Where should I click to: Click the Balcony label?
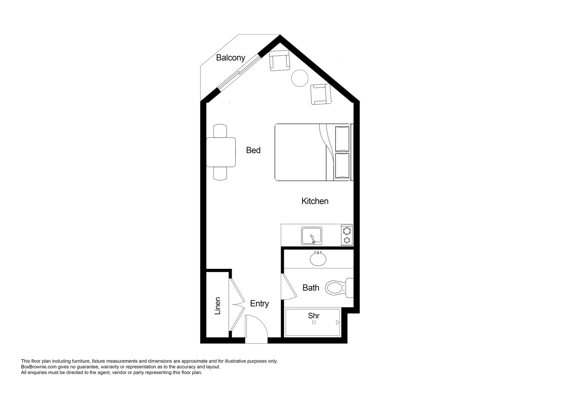[x=230, y=57]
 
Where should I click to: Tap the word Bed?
[x=253, y=150]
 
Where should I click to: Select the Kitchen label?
[x=315, y=201]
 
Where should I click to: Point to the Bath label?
[x=311, y=288]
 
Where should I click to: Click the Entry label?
[x=259, y=304]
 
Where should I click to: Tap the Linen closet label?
[x=217, y=306]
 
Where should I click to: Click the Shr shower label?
[x=314, y=316]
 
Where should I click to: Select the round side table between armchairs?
[x=300, y=78]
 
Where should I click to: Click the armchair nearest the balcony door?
[x=280, y=60]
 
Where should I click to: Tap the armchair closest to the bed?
[x=321, y=94]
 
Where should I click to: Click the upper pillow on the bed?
[x=342, y=139]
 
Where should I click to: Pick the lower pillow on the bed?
[x=342, y=166]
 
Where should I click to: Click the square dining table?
[x=221, y=152]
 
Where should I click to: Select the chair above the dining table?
[x=221, y=131]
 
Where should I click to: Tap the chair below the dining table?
[x=221, y=173]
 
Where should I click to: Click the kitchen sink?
[x=311, y=236]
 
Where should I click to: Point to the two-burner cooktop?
[x=347, y=235]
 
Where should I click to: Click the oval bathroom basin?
[x=318, y=259]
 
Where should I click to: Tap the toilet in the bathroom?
[x=336, y=288]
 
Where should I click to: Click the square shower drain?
[x=314, y=322]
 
